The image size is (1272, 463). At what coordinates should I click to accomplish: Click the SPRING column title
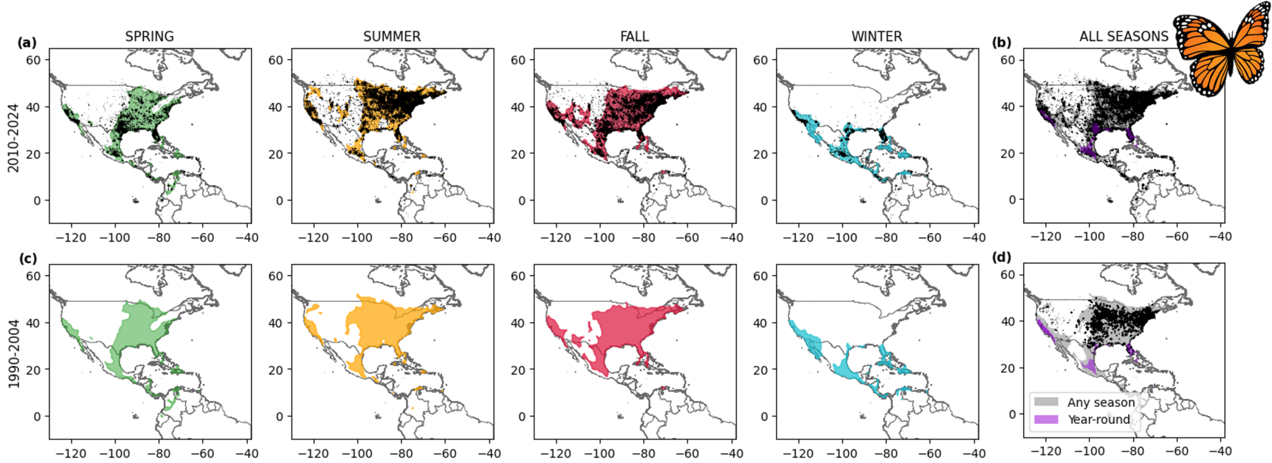pos(149,37)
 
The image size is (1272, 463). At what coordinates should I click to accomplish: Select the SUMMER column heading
pos(392,37)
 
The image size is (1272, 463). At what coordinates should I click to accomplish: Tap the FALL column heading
pos(634,37)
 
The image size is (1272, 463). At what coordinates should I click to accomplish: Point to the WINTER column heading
pos(876,37)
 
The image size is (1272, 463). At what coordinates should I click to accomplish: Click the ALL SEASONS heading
pos(1124,37)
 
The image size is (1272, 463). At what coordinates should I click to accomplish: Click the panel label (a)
pos(27,43)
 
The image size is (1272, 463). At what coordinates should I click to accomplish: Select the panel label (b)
pos(1001,43)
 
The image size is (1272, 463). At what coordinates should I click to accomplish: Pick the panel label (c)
pos(27,258)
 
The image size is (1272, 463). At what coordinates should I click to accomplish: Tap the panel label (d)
pos(1001,257)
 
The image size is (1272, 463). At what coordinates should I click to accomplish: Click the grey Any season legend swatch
pos(1046,402)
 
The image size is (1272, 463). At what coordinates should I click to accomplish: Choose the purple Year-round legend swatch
pos(1046,420)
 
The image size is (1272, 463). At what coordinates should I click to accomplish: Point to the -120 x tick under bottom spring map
pos(71,454)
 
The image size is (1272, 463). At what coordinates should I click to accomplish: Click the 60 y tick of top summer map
pos(276,60)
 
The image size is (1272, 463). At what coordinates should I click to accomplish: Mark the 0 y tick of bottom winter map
pos(764,416)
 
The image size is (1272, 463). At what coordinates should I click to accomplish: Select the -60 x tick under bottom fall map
pos(687,454)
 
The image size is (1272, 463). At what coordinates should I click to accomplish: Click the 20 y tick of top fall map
pos(518,154)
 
